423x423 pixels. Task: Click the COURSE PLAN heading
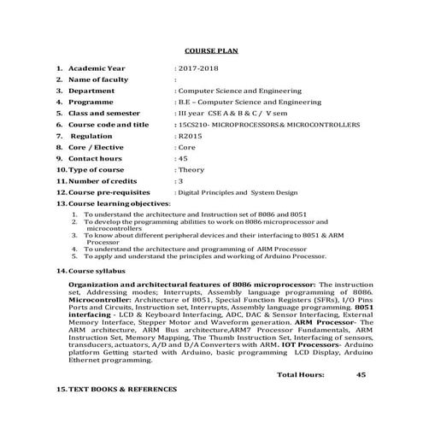pyautogui.click(x=211, y=50)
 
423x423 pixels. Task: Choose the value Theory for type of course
pyautogui.click(x=191, y=169)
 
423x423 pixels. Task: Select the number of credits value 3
pyautogui.click(x=179, y=181)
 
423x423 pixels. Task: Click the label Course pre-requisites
pyautogui.click(x=108, y=192)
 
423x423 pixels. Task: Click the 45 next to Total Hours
pyautogui.click(x=361, y=374)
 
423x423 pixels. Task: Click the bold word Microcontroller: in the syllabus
pyautogui.click(x=101, y=302)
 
